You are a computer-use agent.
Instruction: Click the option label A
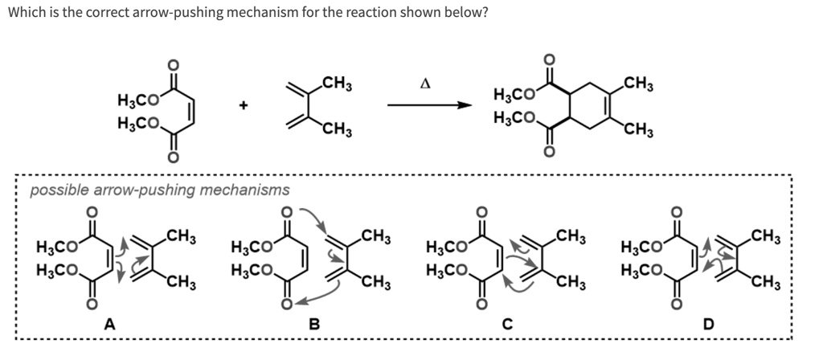[109, 324]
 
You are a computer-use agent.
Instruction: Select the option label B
[315, 324]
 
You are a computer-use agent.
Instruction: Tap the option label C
[506, 324]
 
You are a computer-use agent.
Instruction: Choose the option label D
[708, 324]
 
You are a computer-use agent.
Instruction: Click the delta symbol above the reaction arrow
[427, 82]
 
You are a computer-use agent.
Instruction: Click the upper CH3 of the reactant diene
[334, 83]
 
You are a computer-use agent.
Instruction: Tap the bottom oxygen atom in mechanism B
[287, 304]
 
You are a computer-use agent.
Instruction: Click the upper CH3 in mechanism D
[767, 235]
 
